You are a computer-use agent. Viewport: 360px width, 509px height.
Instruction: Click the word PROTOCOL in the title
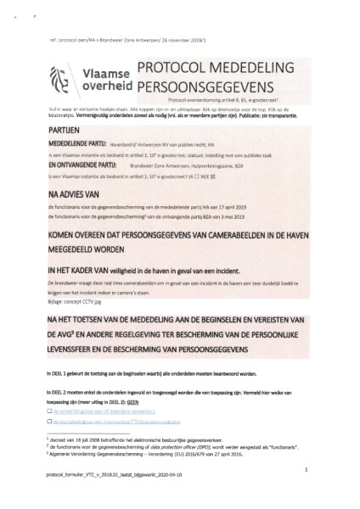[170, 69]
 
